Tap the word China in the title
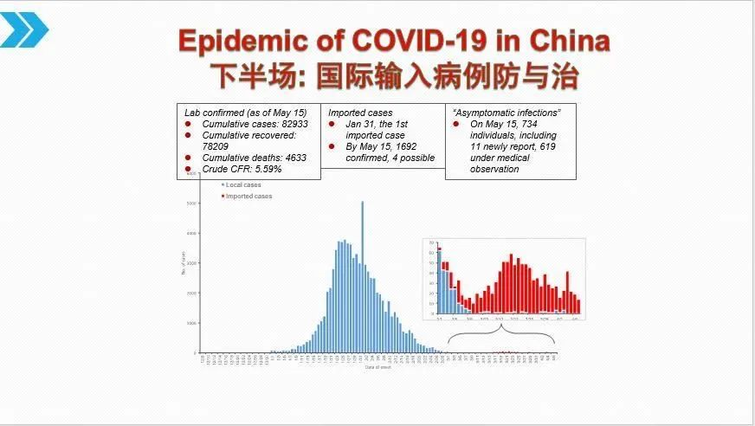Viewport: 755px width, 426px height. [566, 41]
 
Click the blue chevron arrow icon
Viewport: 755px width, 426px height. [24, 31]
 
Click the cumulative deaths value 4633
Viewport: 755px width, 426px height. [287, 158]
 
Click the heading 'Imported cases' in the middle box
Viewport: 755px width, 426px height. [360, 113]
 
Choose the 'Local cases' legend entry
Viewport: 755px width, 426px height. [244, 185]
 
